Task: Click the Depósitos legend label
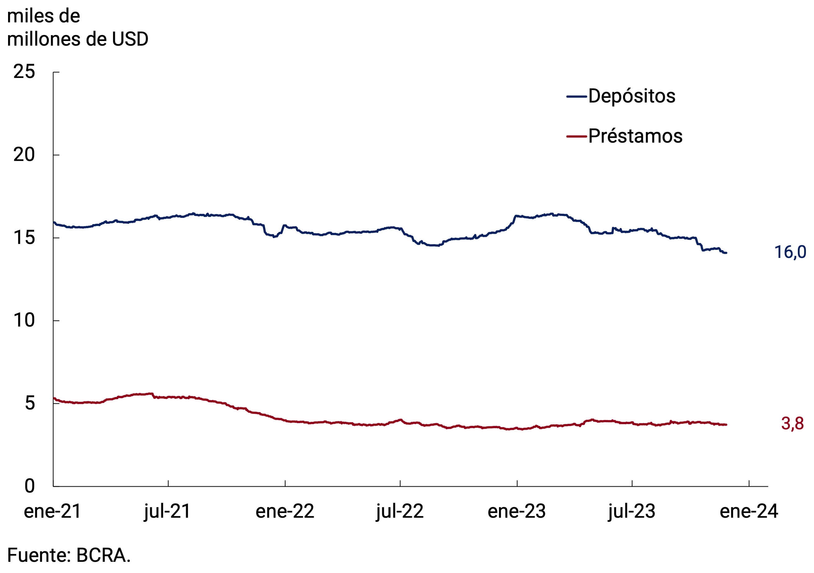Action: [632, 96]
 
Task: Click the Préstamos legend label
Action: [635, 136]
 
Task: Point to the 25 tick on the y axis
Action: [24, 72]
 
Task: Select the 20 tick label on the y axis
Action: [24, 155]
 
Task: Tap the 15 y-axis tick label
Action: [24, 237]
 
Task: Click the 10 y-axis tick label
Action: [24, 321]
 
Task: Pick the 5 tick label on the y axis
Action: [30, 404]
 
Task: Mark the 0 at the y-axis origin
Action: [30, 486]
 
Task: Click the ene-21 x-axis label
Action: [52, 512]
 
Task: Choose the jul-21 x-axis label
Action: [167, 512]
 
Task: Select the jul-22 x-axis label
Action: [400, 512]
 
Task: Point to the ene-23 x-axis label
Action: [517, 512]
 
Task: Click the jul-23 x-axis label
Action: [632, 512]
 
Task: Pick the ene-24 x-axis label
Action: [749, 512]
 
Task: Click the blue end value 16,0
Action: [790, 252]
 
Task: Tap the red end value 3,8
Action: [792, 424]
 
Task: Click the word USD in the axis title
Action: [130, 39]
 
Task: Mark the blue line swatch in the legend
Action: [577, 97]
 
